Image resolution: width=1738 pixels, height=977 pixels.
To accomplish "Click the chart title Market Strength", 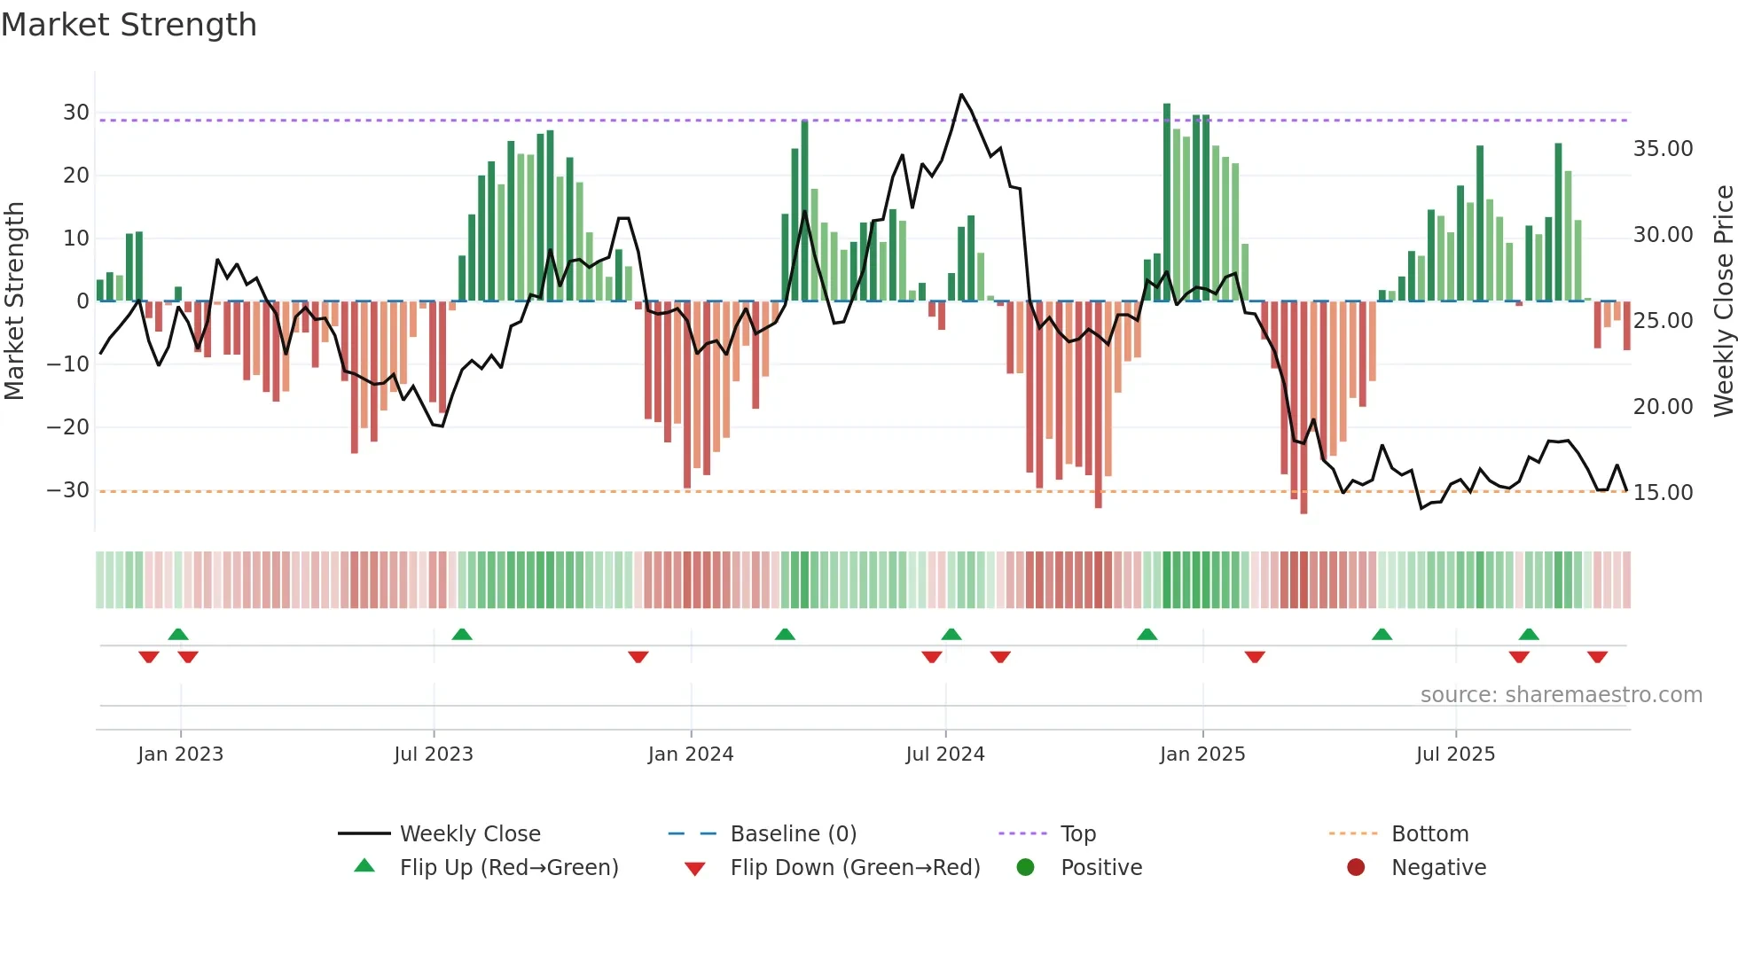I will [129, 25].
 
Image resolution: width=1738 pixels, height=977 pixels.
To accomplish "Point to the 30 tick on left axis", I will [76, 113].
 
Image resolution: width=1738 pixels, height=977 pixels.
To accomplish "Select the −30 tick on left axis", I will [69, 490].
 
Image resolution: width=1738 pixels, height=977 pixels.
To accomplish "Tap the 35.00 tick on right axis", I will [1663, 149].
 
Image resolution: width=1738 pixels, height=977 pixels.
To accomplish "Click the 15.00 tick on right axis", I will [1663, 493].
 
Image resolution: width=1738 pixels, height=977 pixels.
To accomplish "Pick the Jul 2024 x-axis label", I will [944, 754].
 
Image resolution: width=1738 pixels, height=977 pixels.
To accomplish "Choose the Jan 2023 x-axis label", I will [180, 754].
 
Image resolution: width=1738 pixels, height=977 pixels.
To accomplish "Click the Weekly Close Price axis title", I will [1723, 301].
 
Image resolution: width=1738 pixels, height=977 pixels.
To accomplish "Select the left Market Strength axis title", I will [15, 301].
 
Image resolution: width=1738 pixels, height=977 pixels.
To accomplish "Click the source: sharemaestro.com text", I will [1561, 695].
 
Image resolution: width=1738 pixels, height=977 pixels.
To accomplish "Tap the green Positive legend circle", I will [1026, 868].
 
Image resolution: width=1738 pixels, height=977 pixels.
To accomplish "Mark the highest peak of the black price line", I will [961, 95].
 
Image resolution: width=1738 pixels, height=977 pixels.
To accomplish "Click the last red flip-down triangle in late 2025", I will [1597, 657].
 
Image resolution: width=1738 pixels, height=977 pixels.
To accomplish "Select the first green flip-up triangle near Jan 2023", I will [178, 634].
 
